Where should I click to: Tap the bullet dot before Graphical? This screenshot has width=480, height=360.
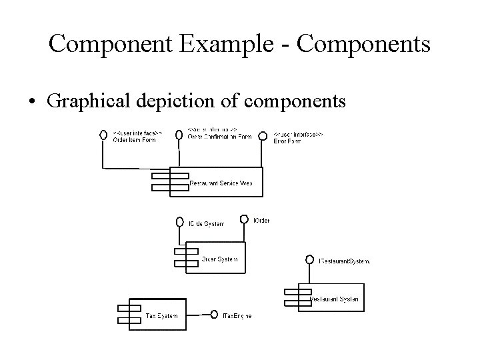point(33,102)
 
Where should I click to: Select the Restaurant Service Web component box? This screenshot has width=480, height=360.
point(216,181)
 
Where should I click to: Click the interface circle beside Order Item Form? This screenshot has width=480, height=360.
point(103,135)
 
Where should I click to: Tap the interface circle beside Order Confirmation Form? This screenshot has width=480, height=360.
point(179,135)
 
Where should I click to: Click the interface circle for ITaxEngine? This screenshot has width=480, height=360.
point(214,315)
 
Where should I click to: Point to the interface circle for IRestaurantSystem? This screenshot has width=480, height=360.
point(310,259)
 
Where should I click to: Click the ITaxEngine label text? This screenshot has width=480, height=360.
point(237,315)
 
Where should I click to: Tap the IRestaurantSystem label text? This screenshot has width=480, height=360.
point(345,261)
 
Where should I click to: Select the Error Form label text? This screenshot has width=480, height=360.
point(287,141)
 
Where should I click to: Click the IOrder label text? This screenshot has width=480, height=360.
point(261,220)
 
